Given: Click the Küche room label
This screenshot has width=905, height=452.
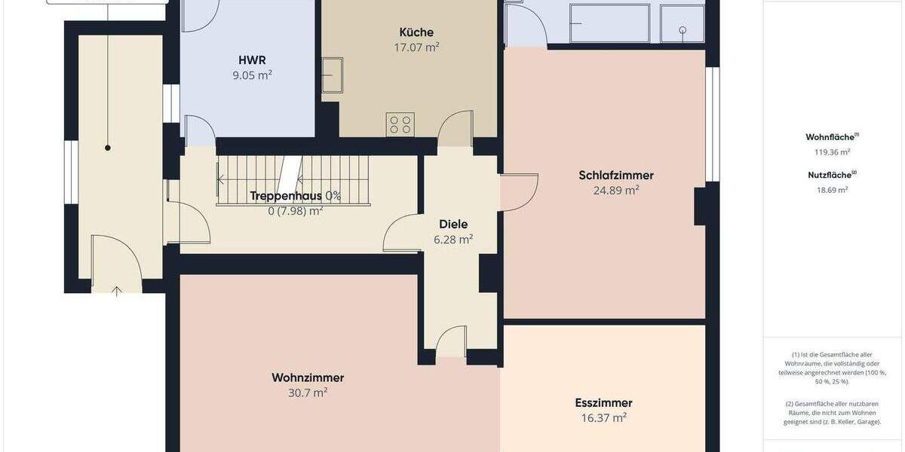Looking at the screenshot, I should click(416, 32).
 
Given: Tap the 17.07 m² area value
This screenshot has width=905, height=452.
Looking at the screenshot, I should click(416, 47).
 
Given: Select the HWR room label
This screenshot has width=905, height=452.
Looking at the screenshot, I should click(252, 60).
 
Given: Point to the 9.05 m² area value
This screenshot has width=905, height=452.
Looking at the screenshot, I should click(252, 75).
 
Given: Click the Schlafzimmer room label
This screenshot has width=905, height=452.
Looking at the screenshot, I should click(616, 176).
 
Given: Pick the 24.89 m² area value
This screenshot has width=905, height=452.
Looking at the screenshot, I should click(616, 190).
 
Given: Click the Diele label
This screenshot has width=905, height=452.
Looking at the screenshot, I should click(454, 224).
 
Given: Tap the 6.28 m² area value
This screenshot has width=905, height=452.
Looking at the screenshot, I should click(454, 239).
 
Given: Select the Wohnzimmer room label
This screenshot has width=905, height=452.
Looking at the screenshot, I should click(308, 377).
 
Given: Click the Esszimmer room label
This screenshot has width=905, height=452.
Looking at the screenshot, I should click(604, 402).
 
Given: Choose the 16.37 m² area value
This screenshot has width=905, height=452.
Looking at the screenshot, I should click(604, 417).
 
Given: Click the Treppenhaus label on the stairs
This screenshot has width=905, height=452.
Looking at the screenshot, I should click(286, 196).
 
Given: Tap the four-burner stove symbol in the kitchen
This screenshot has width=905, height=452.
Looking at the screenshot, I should click(400, 124).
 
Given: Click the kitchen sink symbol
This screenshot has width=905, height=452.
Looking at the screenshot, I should click(332, 75).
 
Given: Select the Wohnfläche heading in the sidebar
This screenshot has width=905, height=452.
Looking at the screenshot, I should click(831, 137).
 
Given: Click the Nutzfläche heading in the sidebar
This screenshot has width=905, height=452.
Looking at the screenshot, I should click(830, 176).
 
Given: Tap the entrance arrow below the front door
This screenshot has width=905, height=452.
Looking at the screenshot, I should click(117, 291).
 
